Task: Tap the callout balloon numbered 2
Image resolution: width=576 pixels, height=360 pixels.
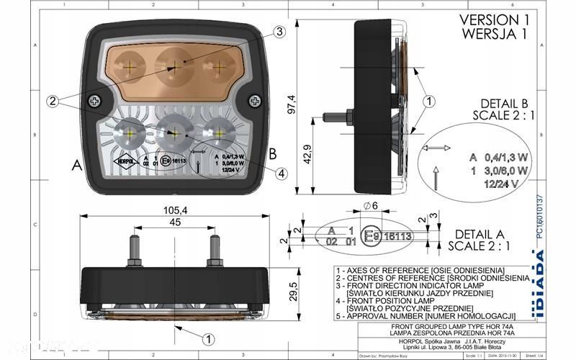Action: [52, 102]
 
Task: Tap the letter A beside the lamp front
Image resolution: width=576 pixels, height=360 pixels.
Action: [76, 164]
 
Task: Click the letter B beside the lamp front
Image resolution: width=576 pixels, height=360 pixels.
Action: [272, 153]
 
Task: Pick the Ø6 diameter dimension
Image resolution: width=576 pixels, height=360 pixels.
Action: [371, 207]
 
